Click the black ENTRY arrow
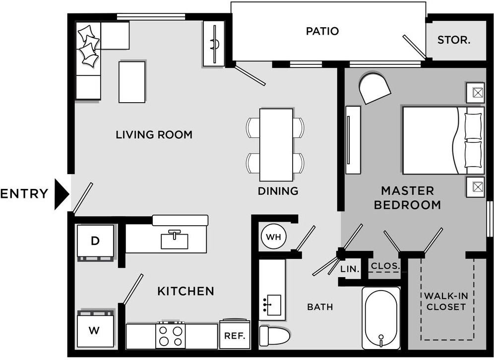[x=62, y=194]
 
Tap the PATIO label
[x=322, y=31]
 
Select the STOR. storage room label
[x=454, y=40]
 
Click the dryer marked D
[x=95, y=241]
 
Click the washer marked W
[x=95, y=329]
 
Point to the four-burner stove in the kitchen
[x=171, y=335]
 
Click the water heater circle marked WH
[x=273, y=237]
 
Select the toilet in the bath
[x=274, y=336]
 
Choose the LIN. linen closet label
[x=350, y=269]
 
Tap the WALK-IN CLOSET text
[x=446, y=301]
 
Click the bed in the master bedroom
[x=443, y=140]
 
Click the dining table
[x=276, y=145]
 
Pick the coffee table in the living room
[x=132, y=82]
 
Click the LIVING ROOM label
[x=154, y=135]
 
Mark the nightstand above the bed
[x=476, y=93]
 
